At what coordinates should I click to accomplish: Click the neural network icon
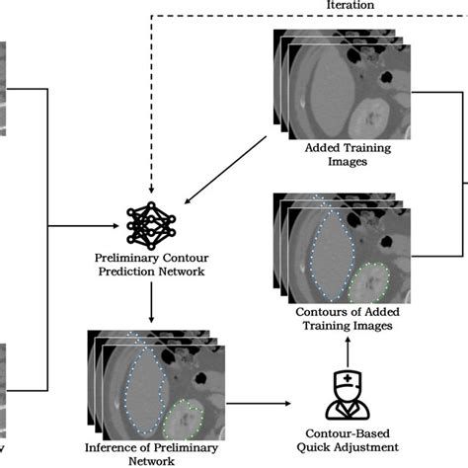pyautogui.click(x=149, y=226)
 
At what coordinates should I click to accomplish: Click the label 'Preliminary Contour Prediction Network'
pyautogui.click(x=149, y=266)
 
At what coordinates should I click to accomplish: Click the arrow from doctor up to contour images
pyautogui.click(x=349, y=351)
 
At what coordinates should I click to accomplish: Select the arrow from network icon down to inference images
pyautogui.click(x=149, y=302)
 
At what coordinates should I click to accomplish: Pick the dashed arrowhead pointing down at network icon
pyautogui.click(x=149, y=189)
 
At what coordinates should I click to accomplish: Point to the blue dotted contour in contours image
pyautogui.click(x=326, y=252)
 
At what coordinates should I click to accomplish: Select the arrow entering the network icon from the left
pyautogui.click(x=99, y=227)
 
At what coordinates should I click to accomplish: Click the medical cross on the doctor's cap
pyautogui.click(x=349, y=381)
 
